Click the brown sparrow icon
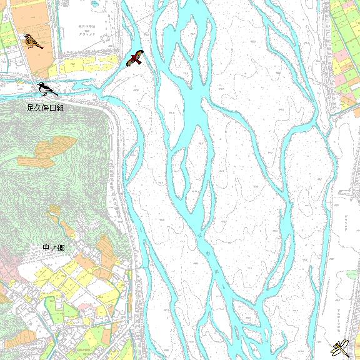32,41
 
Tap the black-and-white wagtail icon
46,89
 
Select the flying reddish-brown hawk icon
134,59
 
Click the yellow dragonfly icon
341,346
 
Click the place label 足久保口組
46,108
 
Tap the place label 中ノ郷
54,248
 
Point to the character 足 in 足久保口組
31,108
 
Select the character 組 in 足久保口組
61,108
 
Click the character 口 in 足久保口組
53,108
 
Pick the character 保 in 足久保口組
46,108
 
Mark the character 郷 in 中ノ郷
61,248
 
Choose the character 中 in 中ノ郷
46,248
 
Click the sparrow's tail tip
41,46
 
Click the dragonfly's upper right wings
346,341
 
